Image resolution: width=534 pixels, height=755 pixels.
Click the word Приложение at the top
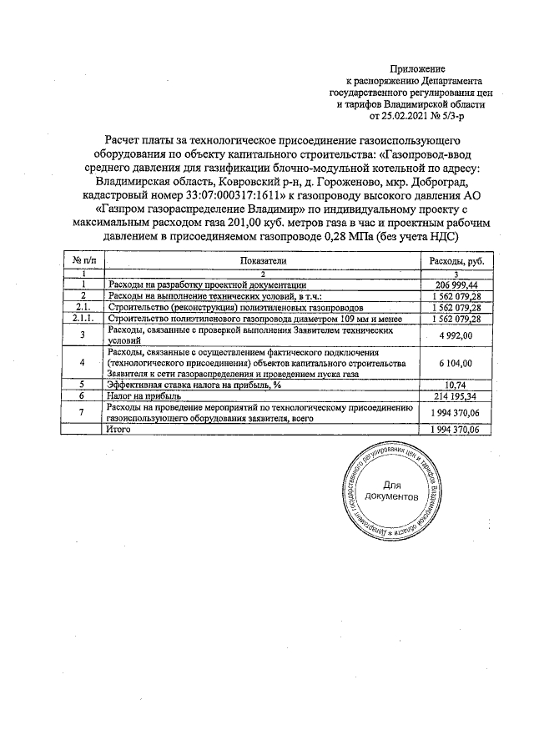tap(417, 68)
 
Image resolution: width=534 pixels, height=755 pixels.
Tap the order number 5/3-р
tap(440, 118)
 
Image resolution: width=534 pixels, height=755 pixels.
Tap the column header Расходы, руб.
tap(456, 261)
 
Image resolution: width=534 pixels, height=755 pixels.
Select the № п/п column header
tap(83, 261)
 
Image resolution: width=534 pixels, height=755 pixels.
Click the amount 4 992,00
tap(456, 335)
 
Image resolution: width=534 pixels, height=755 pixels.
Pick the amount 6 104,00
tap(456, 364)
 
